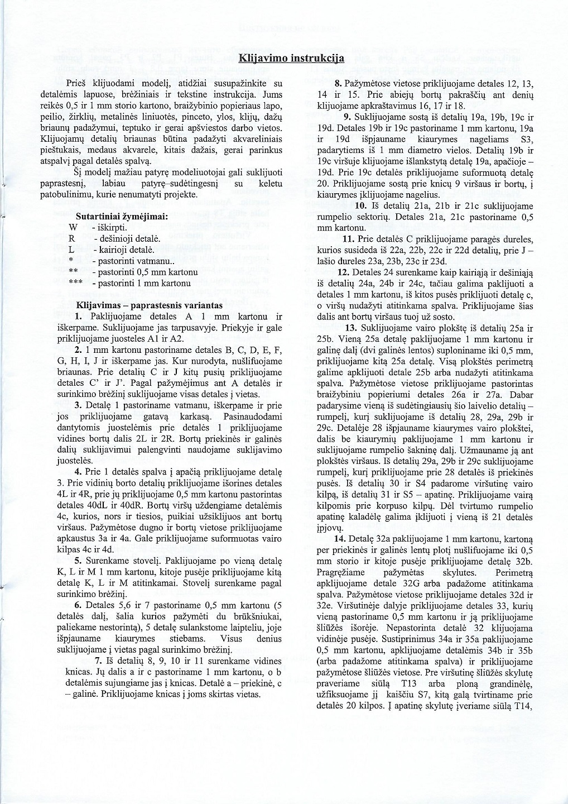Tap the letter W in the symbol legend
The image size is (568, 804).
coord(73,227)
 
